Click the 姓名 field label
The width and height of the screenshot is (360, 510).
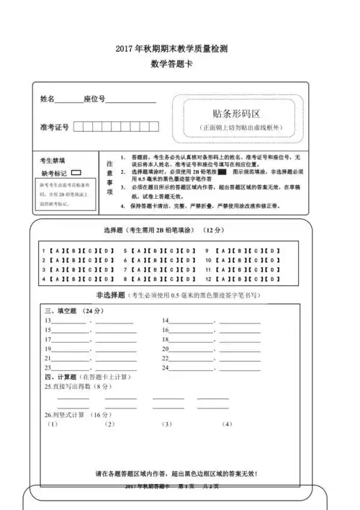(x=48, y=99)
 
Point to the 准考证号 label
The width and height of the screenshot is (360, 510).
(x=55, y=127)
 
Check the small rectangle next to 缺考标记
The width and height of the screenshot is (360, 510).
(x=76, y=173)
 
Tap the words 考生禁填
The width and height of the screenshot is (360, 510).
(x=53, y=161)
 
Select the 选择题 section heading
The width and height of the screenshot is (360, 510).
(x=114, y=231)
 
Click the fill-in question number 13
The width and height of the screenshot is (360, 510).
(x=48, y=321)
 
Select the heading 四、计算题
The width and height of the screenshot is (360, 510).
(x=59, y=377)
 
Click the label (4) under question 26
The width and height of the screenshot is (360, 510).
(x=228, y=425)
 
